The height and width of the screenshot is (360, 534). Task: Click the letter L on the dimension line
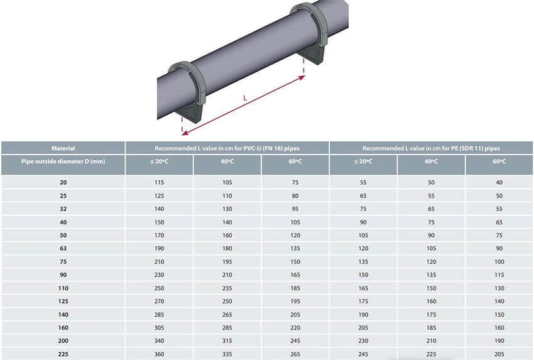tap(245, 98)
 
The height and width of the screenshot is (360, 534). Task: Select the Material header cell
tap(63, 148)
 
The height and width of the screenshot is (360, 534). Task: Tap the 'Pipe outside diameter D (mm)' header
tap(63, 161)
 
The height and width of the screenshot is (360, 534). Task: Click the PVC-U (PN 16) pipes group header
tap(227, 148)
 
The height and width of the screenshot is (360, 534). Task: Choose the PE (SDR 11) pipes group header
tap(431, 148)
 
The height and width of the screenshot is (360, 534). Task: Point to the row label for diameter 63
tap(63, 248)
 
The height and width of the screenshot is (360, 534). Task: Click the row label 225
tap(63, 354)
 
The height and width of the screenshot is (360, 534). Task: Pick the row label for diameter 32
tap(63, 209)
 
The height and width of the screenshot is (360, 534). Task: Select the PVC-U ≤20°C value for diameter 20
tap(159, 182)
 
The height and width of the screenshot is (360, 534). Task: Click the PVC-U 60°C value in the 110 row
tap(295, 288)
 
